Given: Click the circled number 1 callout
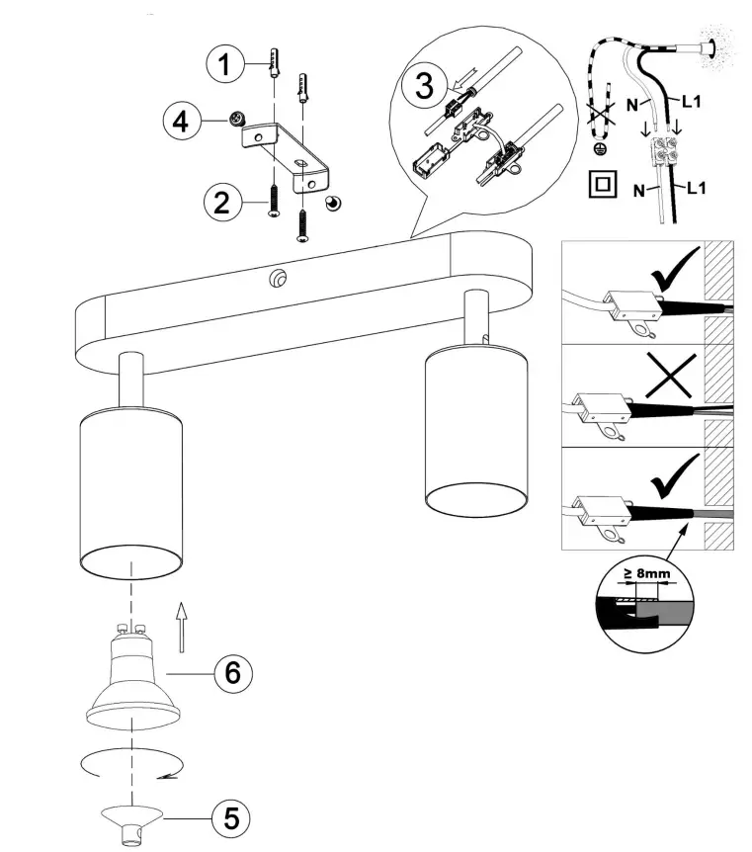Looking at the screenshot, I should pyautogui.click(x=227, y=65).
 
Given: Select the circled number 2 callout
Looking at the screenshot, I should pyautogui.click(x=224, y=203).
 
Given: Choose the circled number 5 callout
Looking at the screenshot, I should pyautogui.click(x=231, y=817).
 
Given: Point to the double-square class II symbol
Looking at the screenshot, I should pyautogui.click(x=599, y=184).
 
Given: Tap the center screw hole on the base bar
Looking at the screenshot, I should pyautogui.click(x=276, y=281).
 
